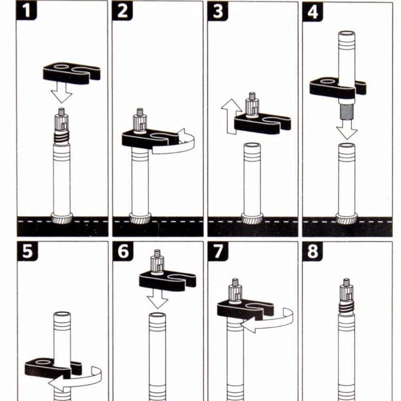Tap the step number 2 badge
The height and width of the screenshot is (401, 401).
[x=122, y=10]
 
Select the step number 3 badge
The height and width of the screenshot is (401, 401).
[x=218, y=11]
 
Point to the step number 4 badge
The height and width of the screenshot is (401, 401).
[x=312, y=12]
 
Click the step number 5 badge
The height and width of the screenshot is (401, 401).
[x=27, y=251]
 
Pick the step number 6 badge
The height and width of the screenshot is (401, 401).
[x=123, y=251]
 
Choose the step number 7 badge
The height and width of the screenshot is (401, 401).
[x=218, y=251]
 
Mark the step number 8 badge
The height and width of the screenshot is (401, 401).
[x=312, y=252]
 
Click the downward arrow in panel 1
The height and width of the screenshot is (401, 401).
[x=61, y=93]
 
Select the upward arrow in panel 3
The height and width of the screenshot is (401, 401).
[x=231, y=116]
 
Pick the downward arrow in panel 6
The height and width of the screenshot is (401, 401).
[x=157, y=299]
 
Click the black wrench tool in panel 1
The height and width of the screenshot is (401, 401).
[x=72, y=73]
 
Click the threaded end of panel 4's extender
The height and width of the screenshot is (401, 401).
[x=346, y=111]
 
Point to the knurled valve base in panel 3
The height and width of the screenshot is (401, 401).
[x=252, y=219]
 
